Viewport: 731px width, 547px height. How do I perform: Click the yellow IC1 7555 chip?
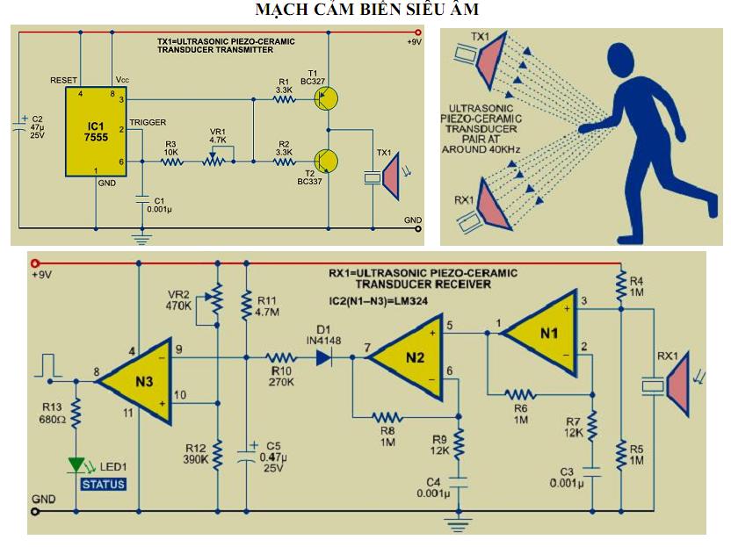96,132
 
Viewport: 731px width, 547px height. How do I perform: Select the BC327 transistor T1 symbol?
326,98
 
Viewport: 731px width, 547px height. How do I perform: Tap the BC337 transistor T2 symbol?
326,162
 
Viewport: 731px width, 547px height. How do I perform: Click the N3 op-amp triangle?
135,382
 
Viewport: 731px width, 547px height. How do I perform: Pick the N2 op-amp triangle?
406,357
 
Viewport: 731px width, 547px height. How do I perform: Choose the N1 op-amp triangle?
539,333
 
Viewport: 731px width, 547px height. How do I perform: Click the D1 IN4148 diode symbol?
325,358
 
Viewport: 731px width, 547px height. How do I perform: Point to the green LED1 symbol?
76,465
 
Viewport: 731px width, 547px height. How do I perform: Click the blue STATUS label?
104,485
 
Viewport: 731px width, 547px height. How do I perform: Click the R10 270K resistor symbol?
281,358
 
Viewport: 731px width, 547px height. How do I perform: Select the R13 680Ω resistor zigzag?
76,413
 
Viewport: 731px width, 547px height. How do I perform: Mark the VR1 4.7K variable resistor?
214,159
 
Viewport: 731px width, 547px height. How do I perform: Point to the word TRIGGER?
148,122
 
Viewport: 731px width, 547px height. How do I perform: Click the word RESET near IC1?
63,80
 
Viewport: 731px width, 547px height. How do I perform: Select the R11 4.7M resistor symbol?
247,305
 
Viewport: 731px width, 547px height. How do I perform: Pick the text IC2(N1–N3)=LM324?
378,301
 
